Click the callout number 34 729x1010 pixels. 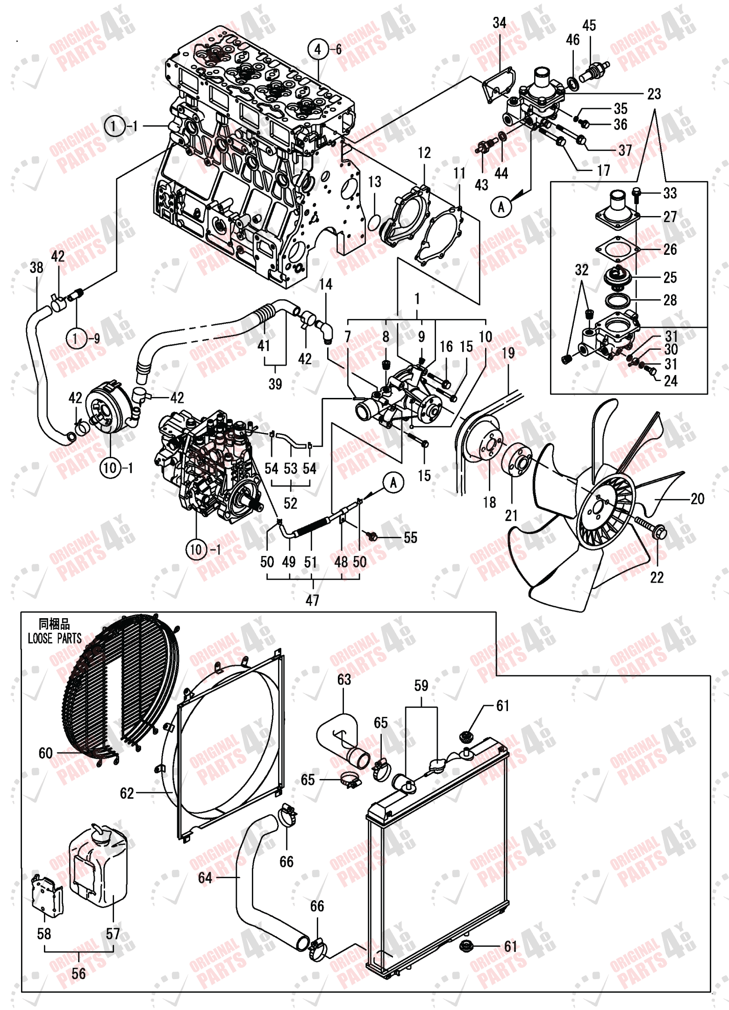(x=499, y=23)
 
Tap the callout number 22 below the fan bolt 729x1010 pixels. (x=657, y=578)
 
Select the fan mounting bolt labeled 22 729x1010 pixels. (x=652, y=528)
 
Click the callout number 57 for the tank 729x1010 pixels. (x=113, y=934)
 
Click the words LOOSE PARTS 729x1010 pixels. (x=55, y=639)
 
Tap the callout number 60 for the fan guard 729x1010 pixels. (x=45, y=753)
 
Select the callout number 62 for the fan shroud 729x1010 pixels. (x=127, y=793)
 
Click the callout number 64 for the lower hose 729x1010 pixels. (x=205, y=878)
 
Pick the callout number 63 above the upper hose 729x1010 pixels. (x=344, y=679)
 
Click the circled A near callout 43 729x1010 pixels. (x=501, y=207)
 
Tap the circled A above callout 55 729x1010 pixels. (x=393, y=483)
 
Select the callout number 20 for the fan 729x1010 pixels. (x=697, y=499)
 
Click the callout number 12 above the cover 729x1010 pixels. (x=424, y=153)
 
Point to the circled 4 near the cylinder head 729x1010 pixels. (x=318, y=49)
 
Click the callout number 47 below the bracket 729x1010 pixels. (x=312, y=600)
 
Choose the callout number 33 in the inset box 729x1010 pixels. (x=670, y=193)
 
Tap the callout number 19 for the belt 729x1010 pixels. (x=508, y=353)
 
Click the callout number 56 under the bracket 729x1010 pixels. (x=79, y=974)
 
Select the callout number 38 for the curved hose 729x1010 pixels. (x=36, y=267)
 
